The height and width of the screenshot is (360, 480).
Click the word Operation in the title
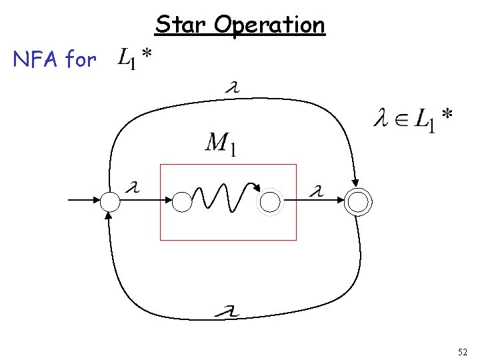tap(270, 26)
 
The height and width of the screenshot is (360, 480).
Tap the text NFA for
tap(55, 60)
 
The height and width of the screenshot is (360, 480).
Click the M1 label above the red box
tap(220, 144)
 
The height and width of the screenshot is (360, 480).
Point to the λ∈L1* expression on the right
tap(413, 121)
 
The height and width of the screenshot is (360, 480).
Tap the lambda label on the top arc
tap(234, 87)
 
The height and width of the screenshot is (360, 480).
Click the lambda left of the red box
tap(133, 189)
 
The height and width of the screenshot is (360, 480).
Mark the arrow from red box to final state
tap(320, 201)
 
